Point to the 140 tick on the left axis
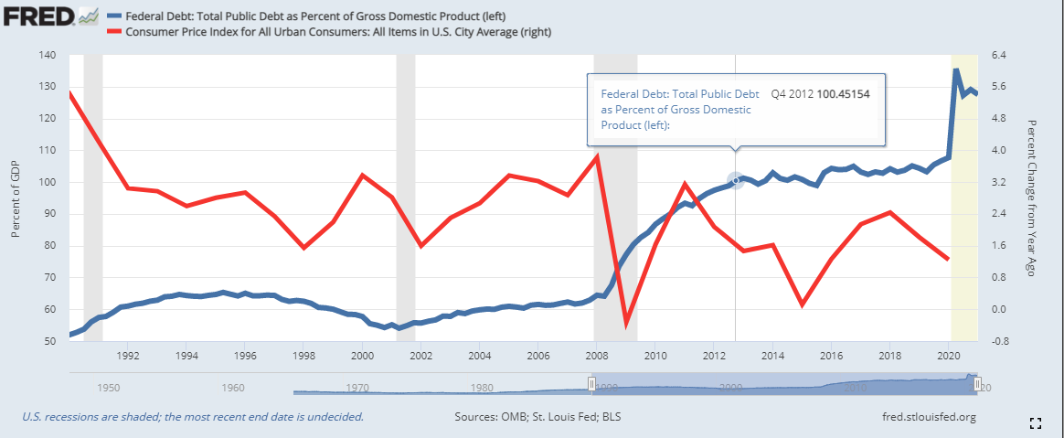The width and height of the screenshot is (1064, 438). click(48, 55)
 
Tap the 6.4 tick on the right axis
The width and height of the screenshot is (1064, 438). click(999, 55)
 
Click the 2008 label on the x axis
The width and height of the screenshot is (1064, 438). click(598, 355)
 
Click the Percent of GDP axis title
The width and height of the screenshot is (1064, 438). click(16, 198)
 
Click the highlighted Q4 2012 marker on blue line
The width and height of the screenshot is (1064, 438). click(736, 181)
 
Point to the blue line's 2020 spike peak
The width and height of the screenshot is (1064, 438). click(956, 70)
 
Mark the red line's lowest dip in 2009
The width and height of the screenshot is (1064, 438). click(626, 324)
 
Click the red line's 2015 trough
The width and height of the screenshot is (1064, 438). click(802, 304)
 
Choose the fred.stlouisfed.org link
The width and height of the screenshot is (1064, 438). click(925, 418)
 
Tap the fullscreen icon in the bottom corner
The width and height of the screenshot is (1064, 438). click(1036, 422)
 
